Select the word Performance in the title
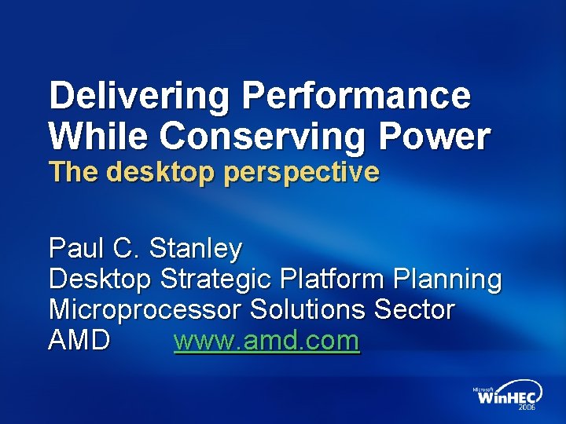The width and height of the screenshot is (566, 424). (356, 97)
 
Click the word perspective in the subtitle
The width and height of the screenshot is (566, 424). (302, 173)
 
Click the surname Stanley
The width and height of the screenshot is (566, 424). (196, 250)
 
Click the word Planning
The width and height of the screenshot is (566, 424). (450, 279)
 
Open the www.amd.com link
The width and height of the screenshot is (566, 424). (266, 342)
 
